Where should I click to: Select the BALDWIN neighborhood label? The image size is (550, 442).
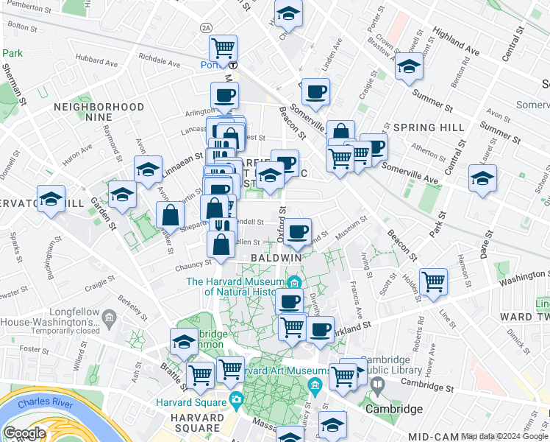point(276,259)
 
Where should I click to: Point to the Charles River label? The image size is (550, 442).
point(44,404)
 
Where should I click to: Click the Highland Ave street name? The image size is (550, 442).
point(456,43)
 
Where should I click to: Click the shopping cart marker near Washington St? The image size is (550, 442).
point(433,281)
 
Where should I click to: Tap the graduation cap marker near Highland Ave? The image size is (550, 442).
point(409,67)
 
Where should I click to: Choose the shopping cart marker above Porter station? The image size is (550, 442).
point(224,49)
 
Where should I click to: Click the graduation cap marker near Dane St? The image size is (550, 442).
point(482,179)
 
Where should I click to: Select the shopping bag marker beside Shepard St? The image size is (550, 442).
point(171,216)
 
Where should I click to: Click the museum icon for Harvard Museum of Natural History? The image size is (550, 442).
point(295,282)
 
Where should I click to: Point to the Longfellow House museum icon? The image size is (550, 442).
point(109,318)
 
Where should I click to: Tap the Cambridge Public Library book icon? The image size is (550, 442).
point(377,385)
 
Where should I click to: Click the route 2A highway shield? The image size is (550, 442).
point(205,27)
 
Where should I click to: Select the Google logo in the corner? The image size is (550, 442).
point(24,433)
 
